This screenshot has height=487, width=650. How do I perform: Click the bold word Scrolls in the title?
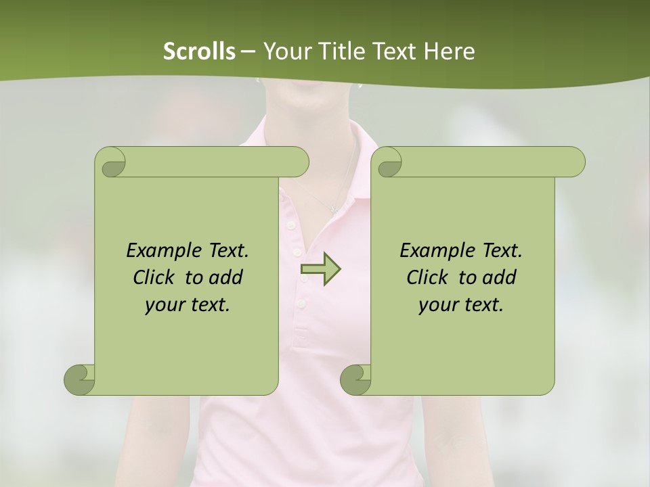(x=199, y=51)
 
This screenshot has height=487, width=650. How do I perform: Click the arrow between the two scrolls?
(x=320, y=269)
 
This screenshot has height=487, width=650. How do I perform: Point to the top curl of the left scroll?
(x=111, y=162)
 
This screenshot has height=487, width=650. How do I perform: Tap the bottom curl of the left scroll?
(x=80, y=379)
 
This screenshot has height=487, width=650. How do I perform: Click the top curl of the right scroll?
(x=388, y=162)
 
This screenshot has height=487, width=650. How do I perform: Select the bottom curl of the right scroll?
(x=355, y=379)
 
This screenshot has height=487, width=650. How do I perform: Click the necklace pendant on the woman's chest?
(x=332, y=208)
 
